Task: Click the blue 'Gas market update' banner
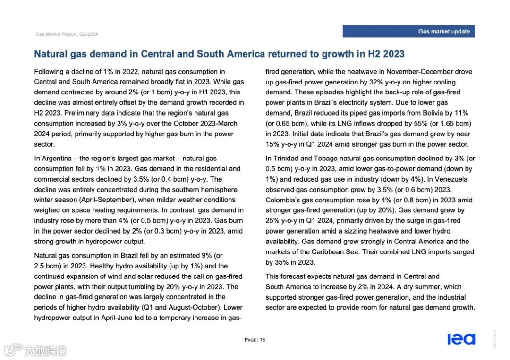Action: point(408,32)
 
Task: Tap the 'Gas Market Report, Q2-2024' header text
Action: point(67,34)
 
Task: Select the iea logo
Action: point(461,339)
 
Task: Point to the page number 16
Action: point(262,340)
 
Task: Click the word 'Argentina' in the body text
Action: point(57,159)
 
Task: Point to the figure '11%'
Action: point(460,113)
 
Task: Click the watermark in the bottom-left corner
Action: point(35,350)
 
